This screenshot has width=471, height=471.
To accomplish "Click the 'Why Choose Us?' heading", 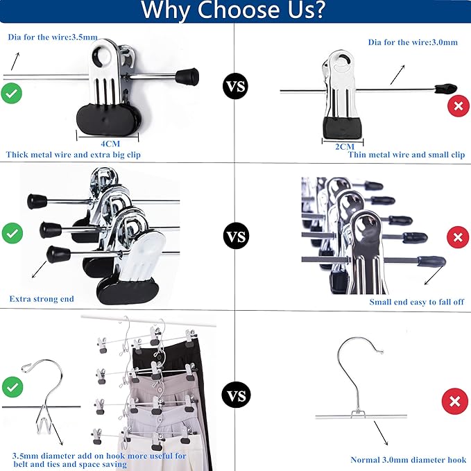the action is point(233,10).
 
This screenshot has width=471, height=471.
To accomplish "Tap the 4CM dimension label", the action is point(110,144).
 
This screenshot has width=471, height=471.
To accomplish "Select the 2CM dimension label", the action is point(345,146).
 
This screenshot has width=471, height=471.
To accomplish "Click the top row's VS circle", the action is point(236,86).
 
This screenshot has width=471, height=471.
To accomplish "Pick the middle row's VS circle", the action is point(237,236).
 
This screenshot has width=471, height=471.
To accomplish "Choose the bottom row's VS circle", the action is point(236,395).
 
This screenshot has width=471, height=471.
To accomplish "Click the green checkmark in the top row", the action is point(11,94).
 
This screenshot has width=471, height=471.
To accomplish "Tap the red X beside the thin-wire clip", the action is point(459,105).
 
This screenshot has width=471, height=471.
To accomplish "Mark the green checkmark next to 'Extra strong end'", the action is point(12,233).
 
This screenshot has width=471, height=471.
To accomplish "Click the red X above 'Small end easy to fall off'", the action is point(458,237).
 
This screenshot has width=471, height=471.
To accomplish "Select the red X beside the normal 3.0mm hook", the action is point(455,401).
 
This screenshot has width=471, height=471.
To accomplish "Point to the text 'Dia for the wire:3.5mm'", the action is point(53,37).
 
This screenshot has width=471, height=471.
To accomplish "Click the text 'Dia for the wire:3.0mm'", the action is point(413,42).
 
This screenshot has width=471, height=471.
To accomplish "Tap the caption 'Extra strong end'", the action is point(42,299).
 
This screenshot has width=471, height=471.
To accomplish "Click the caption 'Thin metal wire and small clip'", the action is point(406,155).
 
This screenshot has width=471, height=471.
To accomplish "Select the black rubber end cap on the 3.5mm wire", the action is point(187,77).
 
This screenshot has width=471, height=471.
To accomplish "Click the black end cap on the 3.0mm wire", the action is point(446,88).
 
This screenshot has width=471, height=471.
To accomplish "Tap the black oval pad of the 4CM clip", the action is point(108,117).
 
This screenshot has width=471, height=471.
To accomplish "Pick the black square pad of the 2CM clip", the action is point(342,128).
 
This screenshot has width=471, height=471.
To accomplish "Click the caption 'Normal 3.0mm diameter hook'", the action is point(408,460).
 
